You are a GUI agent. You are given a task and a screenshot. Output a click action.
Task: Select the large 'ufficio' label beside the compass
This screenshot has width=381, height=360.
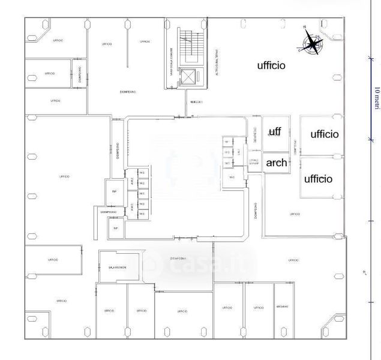point(271,65)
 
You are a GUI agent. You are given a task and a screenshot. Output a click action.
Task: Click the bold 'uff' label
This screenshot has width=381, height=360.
point(275,131)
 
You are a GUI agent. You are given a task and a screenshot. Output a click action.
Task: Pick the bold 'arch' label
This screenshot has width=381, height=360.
point(276,163)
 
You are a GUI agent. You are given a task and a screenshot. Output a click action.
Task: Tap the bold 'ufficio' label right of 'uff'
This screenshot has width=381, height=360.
point(324,134)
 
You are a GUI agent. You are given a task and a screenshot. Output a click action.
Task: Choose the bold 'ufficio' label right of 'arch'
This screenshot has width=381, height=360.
point(318,178)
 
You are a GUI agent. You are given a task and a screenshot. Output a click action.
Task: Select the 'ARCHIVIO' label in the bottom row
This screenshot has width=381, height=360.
point(283,307)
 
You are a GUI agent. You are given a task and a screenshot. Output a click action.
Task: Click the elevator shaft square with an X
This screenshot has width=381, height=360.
point(190,76)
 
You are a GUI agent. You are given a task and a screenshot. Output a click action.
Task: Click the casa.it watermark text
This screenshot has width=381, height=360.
point(198,262)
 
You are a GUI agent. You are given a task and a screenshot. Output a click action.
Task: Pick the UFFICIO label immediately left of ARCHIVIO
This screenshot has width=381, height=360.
point(259,308)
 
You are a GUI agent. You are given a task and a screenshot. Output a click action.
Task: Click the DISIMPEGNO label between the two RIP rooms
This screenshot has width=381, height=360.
point(108,212)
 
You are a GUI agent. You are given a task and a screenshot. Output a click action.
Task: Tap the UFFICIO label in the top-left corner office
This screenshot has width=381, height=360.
point(58,40)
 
